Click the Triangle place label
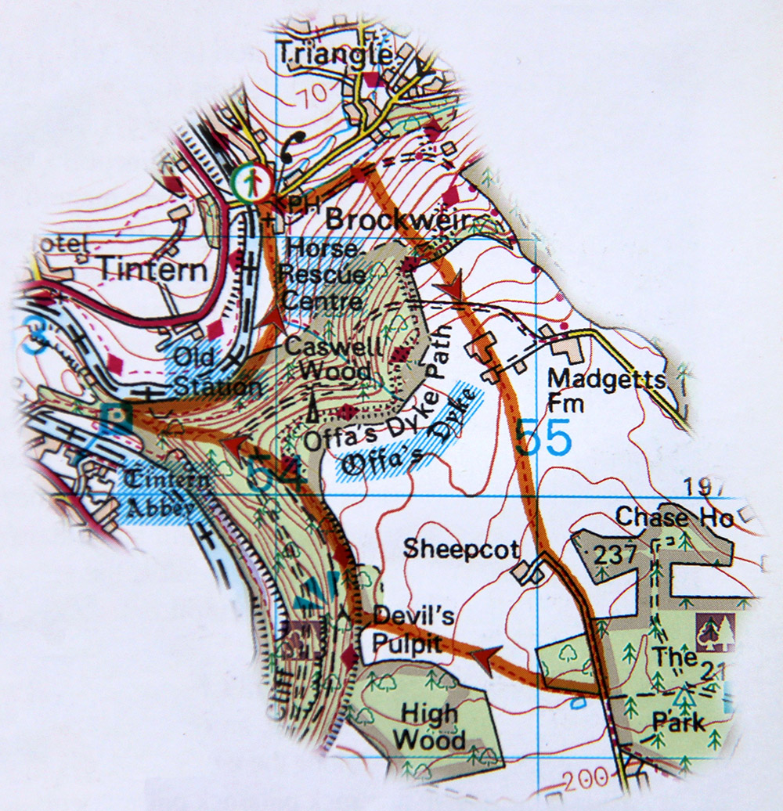(x=334, y=54)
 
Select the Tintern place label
(x=153, y=271)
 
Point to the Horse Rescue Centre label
(x=326, y=275)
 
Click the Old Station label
(x=217, y=372)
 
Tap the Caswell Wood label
(x=328, y=358)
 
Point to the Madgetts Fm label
(x=606, y=388)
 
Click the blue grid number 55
(x=544, y=438)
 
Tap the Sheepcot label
(x=461, y=549)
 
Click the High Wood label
(x=428, y=726)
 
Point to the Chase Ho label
(x=674, y=517)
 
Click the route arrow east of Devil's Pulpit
(x=485, y=659)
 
